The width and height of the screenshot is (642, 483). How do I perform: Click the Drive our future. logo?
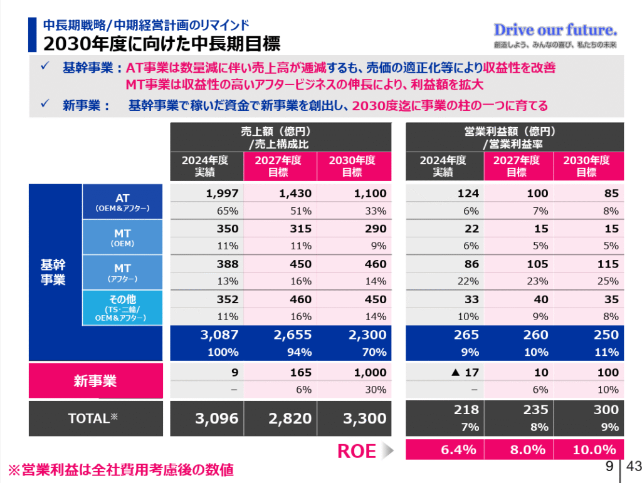(555, 29)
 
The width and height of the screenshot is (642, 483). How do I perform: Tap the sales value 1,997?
(223, 194)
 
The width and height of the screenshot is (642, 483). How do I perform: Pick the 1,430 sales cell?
(295, 194)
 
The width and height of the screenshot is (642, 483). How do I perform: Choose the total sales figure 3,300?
(366, 418)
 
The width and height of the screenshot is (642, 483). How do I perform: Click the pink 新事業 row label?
(96, 380)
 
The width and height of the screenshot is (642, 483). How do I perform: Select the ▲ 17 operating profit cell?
(465, 373)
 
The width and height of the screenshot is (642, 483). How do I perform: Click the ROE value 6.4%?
(458, 450)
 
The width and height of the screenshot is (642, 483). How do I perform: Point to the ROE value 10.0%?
(594, 450)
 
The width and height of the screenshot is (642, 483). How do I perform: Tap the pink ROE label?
(357, 451)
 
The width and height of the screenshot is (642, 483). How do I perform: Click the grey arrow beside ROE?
(389, 450)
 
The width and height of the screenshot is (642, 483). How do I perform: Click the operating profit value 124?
(468, 194)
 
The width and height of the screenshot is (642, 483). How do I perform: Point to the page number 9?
(609, 466)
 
